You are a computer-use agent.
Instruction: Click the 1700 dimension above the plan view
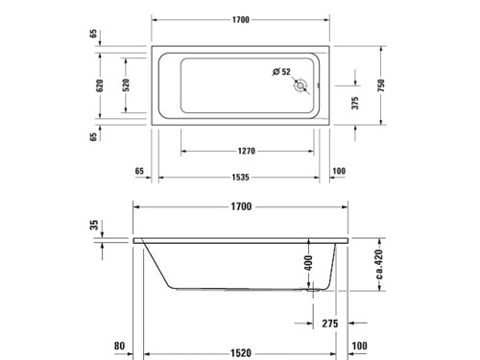(x=241, y=20)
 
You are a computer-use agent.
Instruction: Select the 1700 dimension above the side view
(x=241, y=206)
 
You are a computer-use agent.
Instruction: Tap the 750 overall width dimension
(x=381, y=85)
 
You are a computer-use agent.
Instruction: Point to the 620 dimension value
(x=100, y=85)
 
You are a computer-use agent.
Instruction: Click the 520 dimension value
(x=126, y=85)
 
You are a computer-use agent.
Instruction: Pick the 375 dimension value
(x=355, y=103)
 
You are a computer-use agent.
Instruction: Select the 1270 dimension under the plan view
(x=247, y=151)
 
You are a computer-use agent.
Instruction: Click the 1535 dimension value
(x=240, y=178)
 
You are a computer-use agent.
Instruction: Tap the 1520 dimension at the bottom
(x=241, y=353)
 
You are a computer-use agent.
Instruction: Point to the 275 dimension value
(x=330, y=324)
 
